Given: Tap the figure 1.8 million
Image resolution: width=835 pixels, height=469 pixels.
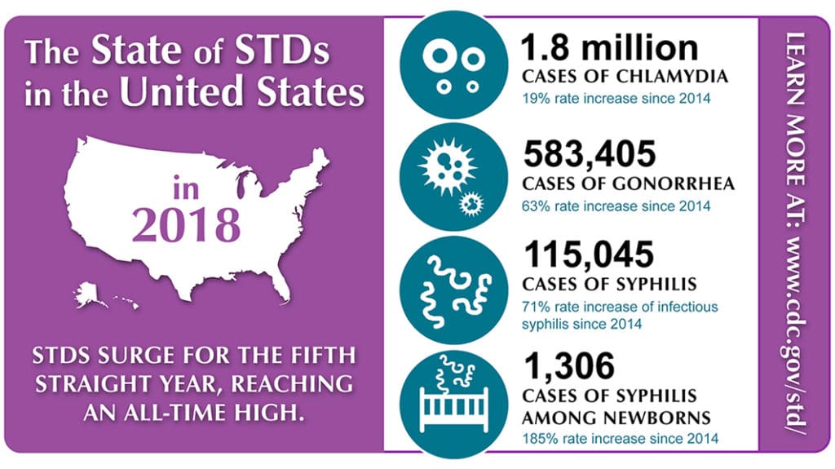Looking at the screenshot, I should click(610, 49).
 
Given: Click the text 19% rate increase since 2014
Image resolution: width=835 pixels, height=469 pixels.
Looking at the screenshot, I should click(616, 100).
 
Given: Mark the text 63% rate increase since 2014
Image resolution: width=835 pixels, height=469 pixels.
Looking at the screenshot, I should click(616, 206).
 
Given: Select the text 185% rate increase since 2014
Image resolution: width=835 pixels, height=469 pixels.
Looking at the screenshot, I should click(620, 440).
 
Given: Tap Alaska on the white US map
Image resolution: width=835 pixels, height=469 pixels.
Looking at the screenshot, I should click(91, 294).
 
